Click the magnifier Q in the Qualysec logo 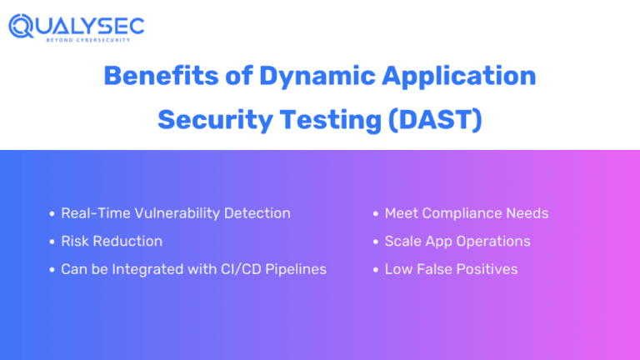click(x=21, y=26)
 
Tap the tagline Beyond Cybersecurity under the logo click(x=88, y=40)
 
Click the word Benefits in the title click(x=161, y=76)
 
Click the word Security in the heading click(x=215, y=121)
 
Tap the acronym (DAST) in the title click(x=435, y=120)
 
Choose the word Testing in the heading click(x=331, y=121)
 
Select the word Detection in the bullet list click(x=257, y=213)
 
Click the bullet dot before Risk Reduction click(x=52, y=242)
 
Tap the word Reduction click(x=127, y=241)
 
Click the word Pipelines click(x=296, y=269)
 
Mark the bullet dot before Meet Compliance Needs click(x=376, y=213)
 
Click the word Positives click(x=487, y=269)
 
